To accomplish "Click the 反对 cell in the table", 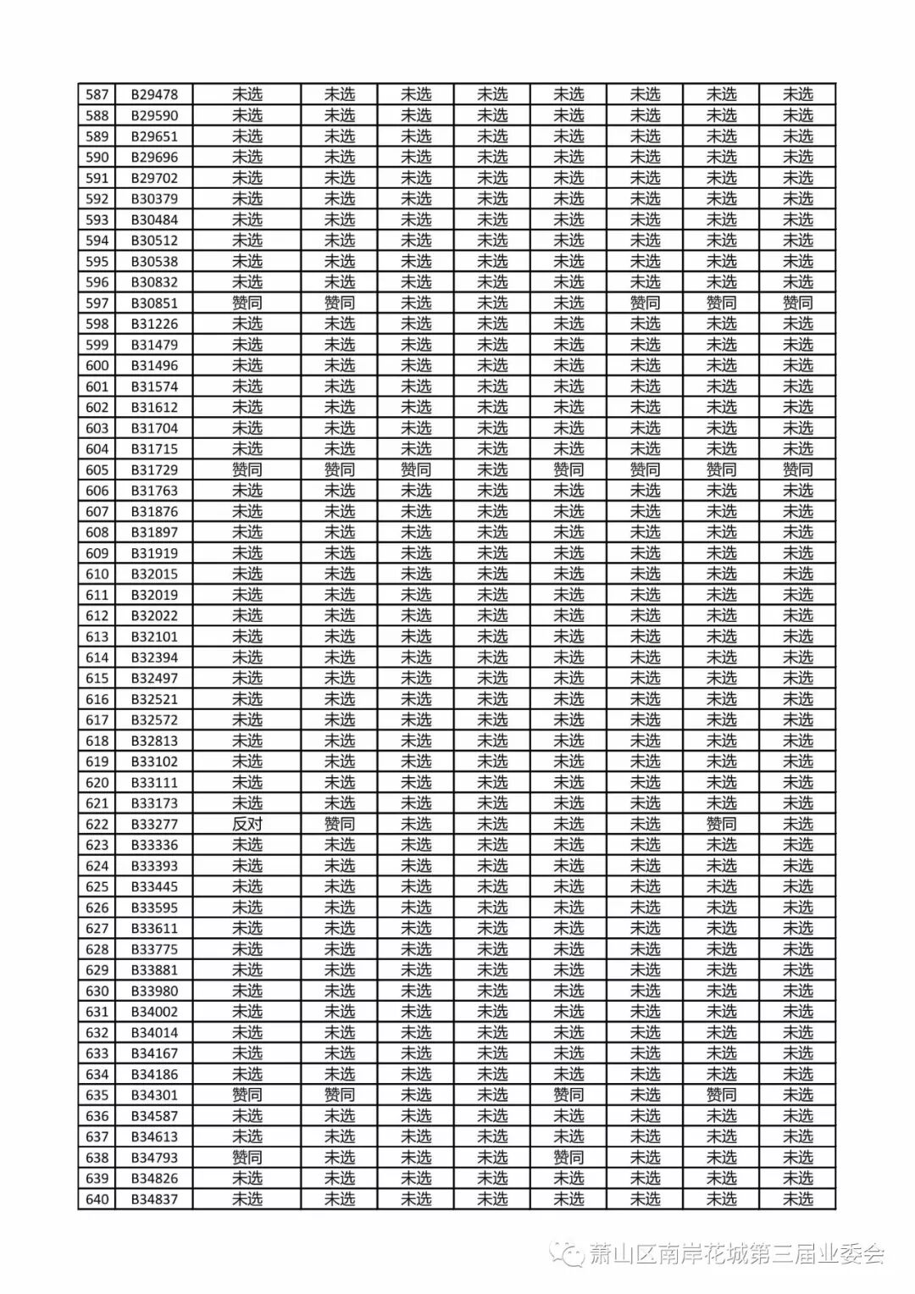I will pos(247,824).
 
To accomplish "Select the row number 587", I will pos(97,94).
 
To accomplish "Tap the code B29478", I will pos(154,94).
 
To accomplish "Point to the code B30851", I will pos(154,303).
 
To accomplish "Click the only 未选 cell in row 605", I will pos(492,469).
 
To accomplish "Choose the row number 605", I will pos(97,469).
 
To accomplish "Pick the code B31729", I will pos(154,469).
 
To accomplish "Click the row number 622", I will pos(97,824).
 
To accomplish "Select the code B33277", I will pos(154,824).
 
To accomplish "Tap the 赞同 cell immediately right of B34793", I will pos(247,1158).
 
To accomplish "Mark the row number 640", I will pos(97,1199).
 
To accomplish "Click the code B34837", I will pos(154,1199).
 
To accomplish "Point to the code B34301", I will pos(154,1095).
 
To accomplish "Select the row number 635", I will pos(97,1095).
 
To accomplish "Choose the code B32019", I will pos(154,595).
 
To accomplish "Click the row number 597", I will pos(97,303).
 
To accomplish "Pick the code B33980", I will pos(154,991).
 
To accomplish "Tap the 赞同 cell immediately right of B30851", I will pos(247,303).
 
